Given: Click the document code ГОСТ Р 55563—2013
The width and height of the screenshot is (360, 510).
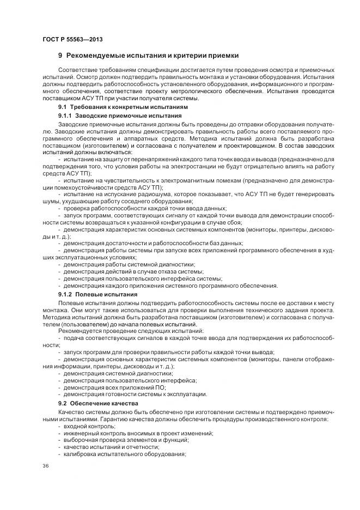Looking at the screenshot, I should point(72,40).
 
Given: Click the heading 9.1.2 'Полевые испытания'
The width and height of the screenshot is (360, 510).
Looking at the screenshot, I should point(97,294).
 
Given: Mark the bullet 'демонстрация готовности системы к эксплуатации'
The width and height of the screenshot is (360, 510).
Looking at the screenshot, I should point(135,394).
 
